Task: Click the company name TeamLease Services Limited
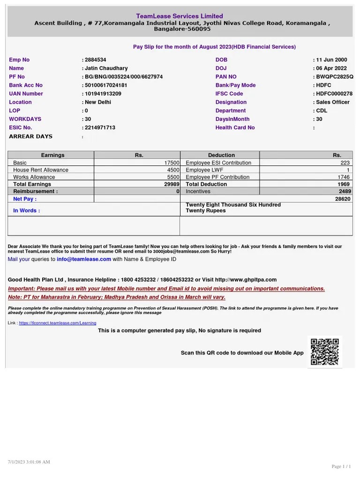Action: (x=180, y=16)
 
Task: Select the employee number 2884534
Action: (x=95, y=60)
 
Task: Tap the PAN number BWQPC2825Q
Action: (x=334, y=77)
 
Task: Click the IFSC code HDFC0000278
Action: (x=334, y=94)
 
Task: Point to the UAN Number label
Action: (x=26, y=94)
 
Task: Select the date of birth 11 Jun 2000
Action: (x=331, y=60)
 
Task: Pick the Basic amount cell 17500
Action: (x=172, y=163)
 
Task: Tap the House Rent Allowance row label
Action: (x=41, y=170)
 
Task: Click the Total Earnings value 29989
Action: (x=171, y=184)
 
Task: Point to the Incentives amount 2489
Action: (x=344, y=191)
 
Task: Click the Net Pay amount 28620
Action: (x=343, y=199)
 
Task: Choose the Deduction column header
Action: (x=221, y=155)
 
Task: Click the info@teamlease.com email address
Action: (x=84, y=259)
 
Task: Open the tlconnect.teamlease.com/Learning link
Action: (x=58, y=323)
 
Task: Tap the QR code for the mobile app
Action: (x=324, y=352)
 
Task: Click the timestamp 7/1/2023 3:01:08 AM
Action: (x=29, y=462)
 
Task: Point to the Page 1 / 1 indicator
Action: (x=341, y=466)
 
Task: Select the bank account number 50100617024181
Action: (x=106, y=85)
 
